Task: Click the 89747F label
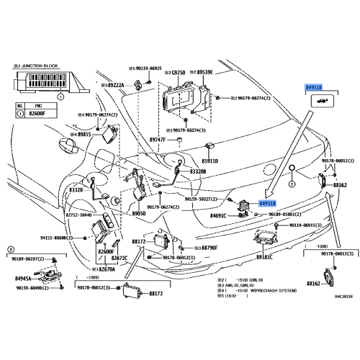click(x=157, y=140)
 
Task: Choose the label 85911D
click(x=210, y=162)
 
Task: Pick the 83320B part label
click(x=198, y=173)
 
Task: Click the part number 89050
click(x=139, y=215)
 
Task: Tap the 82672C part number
click(x=118, y=257)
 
